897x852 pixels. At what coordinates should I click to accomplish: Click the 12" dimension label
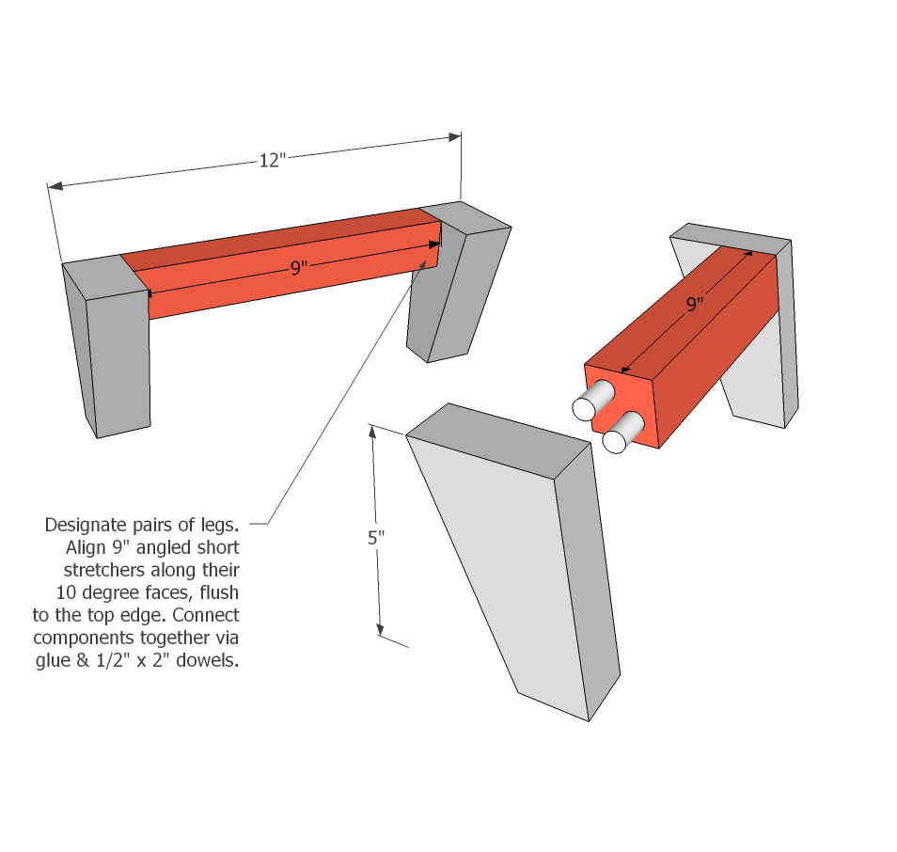coord(271,161)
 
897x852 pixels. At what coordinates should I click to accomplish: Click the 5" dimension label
coord(376,539)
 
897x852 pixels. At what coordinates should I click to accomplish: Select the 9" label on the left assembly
coord(299,268)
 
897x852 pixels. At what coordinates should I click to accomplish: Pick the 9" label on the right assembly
coord(695,304)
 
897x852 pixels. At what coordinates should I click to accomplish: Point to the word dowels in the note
coord(204,660)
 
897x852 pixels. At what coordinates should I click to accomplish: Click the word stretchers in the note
coord(102,570)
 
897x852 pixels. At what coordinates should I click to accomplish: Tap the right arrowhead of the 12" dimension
coord(455,137)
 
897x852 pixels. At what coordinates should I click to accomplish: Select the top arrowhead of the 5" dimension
coord(373,432)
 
